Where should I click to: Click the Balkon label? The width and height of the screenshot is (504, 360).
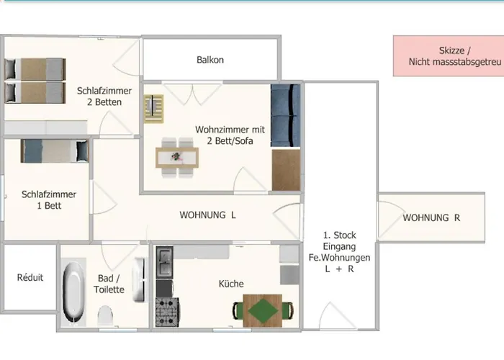click(x=210, y=60)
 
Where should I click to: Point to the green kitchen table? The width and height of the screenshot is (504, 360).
click(x=263, y=311)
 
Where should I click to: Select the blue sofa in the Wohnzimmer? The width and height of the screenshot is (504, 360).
click(x=285, y=116)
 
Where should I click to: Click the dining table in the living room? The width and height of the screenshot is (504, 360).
click(x=176, y=156)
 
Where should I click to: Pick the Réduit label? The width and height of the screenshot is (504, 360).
click(x=30, y=277)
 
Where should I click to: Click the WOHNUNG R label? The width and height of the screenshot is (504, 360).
click(x=431, y=217)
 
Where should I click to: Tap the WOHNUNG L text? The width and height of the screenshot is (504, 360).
click(x=207, y=215)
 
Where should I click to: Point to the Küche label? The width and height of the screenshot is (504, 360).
click(x=231, y=284)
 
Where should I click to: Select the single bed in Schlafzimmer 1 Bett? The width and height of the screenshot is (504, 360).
click(x=53, y=150)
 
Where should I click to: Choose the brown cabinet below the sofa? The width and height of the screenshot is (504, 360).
click(x=286, y=170)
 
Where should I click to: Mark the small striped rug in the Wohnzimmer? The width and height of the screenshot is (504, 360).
click(x=153, y=109)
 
